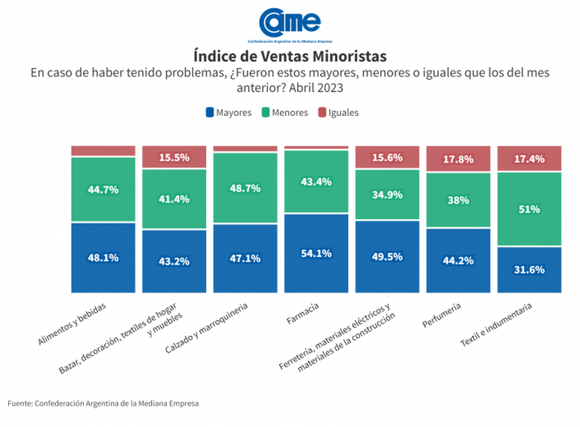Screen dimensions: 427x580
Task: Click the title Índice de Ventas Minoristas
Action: tap(290, 56)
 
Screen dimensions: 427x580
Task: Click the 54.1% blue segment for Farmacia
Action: tap(316, 253)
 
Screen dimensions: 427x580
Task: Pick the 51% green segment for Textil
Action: tap(529, 209)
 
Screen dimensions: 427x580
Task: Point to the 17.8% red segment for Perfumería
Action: tap(458, 159)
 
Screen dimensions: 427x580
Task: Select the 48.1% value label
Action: tap(103, 257)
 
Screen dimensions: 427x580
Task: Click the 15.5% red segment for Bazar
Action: tap(174, 157)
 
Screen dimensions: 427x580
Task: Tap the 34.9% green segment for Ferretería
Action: tap(387, 195)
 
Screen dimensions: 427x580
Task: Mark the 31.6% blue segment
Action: tap(529, 270)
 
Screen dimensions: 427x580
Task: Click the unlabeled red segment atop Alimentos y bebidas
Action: tap(103, 151)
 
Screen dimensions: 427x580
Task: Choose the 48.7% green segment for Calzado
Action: tap(245, 188)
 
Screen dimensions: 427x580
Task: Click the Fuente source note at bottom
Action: tap(103, 403)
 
